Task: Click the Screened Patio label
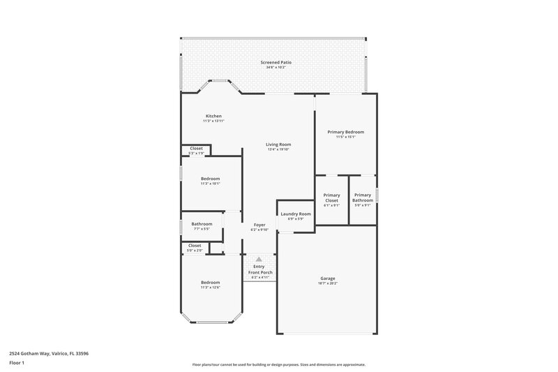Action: [276, 62]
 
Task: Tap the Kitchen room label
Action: [213, 116]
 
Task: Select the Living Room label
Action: [278, 144]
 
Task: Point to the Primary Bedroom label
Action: [346, 132]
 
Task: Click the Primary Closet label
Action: [332, 198]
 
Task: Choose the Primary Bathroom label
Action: [363, 198]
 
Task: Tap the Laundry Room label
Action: [295, 214]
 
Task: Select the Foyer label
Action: [259, 225]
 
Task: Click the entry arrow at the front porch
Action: [259, 258]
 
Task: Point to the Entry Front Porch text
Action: [259, 269]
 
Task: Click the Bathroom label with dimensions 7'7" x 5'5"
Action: [202, 224]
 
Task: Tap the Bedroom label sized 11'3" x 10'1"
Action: [211, 178]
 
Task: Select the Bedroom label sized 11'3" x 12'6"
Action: [211, 283]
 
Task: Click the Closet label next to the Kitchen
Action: [197, 148]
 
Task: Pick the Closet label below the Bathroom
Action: [195, 245]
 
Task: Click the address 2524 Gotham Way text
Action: [49, 353]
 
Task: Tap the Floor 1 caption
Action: [17, 364]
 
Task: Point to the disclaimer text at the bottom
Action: [278, 364]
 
